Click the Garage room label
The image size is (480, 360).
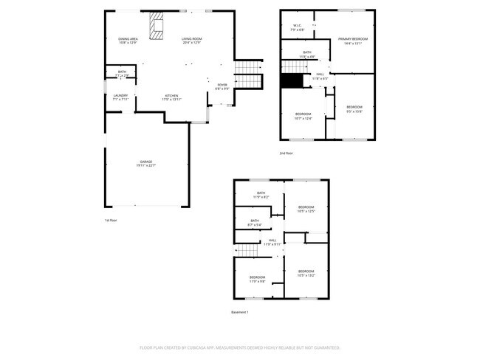[x=145, y=163]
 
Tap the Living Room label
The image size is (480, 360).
[x=192, y=41]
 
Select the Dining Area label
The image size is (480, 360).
[x=128, y=41]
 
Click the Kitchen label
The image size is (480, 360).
[x=171, y=97]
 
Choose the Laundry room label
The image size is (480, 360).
[x=120, y=97]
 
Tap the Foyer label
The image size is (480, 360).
[x=222, y=86]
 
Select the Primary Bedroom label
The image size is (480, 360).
[x=353, y=41]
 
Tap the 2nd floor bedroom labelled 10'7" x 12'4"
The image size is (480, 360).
[x=304, y=116]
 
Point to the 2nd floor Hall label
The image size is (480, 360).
[x=320, y=75]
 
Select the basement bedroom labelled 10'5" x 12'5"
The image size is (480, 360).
[x=306, y=210]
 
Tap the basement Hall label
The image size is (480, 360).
[x=272, y=241]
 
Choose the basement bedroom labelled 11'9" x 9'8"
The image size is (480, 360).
[x=257, y=279]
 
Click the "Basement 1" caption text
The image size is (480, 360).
[x=240, y=312]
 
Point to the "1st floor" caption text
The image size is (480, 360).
[x=111, y=220]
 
